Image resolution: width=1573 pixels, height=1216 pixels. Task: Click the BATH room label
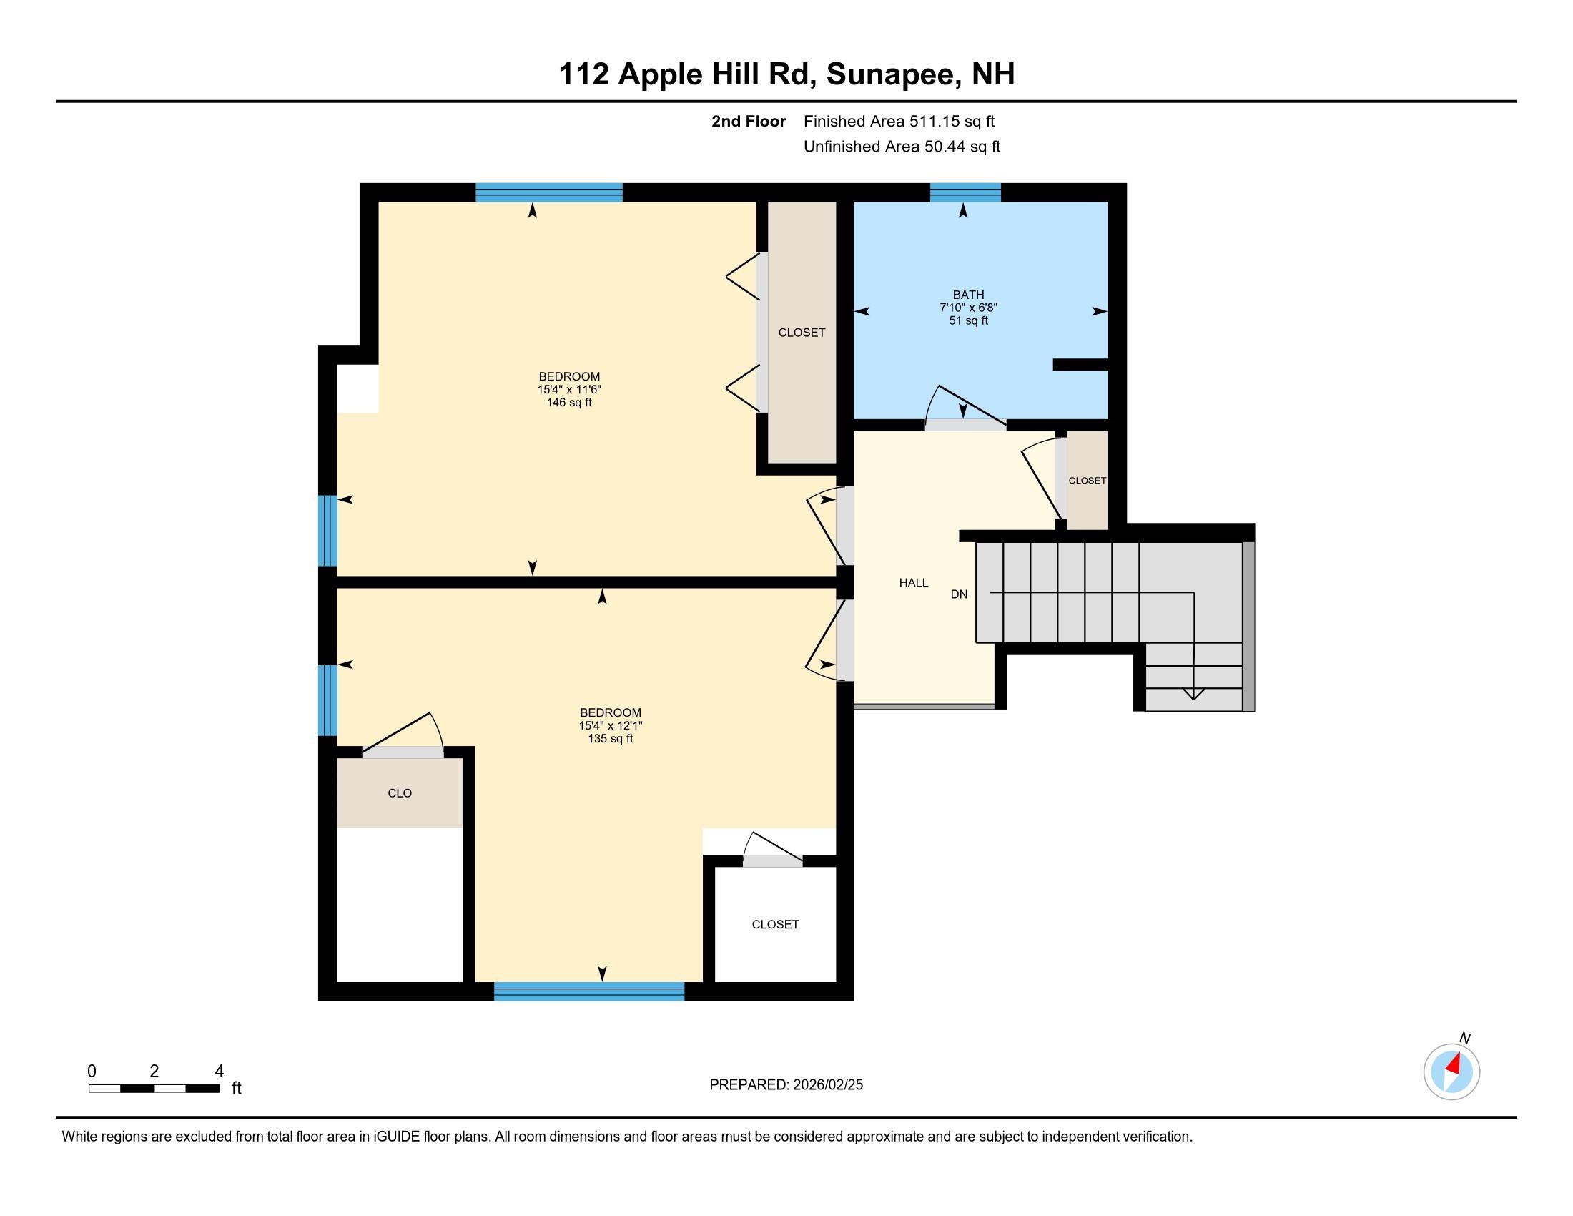[968, 295]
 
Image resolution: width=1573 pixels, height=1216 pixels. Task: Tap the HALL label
[913, 583]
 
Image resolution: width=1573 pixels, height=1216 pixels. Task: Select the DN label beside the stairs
[959, 594]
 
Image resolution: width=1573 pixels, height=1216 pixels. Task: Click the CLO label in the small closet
[400, 793]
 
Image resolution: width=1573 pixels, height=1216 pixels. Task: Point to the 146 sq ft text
[569, 403]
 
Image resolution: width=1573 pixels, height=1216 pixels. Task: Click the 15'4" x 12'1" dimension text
[610, 726]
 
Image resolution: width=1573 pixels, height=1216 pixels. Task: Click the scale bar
[154, 1089]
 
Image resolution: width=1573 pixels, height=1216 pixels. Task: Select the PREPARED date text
[786, 1085]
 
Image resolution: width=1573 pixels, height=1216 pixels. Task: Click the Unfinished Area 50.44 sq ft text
[902, 147]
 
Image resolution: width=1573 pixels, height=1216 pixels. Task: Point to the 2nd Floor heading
[749, 122]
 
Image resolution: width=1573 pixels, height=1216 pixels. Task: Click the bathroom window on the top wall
[965, 192]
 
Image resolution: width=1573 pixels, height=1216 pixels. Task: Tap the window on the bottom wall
[588, 991]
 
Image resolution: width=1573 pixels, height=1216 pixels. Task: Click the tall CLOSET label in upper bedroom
[802, 333]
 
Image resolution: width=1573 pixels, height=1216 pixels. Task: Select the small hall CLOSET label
[1087, 481]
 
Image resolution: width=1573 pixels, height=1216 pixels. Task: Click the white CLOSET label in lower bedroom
[775, 924]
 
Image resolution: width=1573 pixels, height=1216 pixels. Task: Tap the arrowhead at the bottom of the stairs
[1194, 695]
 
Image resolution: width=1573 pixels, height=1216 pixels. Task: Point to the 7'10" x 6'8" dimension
[968, 308]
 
